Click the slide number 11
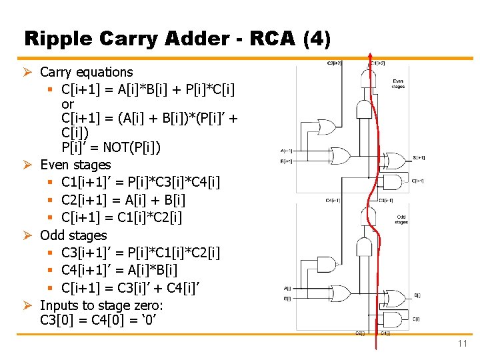pos(462,343)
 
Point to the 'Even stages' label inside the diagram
pos(398,83)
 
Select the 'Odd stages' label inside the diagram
pos(401,219)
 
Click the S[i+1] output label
pos(419,158)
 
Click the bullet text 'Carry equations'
pos(87,72)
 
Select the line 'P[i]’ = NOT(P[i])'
pos(111,147)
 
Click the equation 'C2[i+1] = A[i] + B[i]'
pos(123,199)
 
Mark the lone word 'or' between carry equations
pos(67,105)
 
